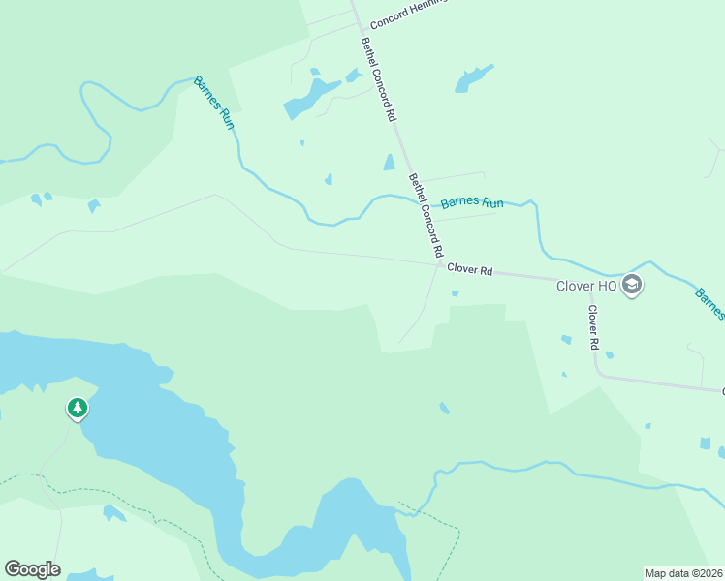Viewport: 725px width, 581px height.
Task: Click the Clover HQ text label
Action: tap(586, 286)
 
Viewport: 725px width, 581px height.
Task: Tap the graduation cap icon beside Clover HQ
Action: tap(633, 285)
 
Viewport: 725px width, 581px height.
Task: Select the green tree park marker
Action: tap(78, 409)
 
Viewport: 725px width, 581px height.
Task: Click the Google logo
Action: tap(32, 569)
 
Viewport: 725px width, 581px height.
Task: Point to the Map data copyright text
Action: tap(684, 573)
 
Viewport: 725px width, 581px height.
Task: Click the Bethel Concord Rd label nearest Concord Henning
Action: tap(379, 78)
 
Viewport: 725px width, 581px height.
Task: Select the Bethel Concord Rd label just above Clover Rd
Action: tap(426, 215)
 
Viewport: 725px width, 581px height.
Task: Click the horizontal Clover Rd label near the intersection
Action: tap(470, 271)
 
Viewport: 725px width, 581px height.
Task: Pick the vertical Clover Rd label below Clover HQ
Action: tap(593, 328)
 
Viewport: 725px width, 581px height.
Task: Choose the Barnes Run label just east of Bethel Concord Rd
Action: tap(472, 203)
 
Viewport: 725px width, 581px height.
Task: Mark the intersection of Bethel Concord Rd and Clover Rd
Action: tap(440, 264)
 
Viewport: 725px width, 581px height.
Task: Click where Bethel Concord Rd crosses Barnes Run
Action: tap(421, 202)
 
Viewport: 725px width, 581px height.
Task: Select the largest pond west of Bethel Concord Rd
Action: tap(310, 97)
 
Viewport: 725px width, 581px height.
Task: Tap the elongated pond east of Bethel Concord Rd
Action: tap(473, 78)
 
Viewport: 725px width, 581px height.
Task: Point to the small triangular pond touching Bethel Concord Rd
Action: tap(390, 163)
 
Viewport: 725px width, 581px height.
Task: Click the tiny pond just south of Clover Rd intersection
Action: tap(455, 294)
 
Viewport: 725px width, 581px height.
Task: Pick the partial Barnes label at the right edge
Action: tap(710, 302)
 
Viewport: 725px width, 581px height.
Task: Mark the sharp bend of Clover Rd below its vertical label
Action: tap(602, 373)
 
